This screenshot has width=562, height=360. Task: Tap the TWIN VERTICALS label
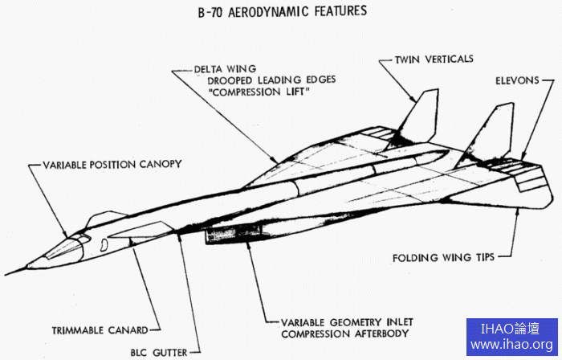coord(433,59)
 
